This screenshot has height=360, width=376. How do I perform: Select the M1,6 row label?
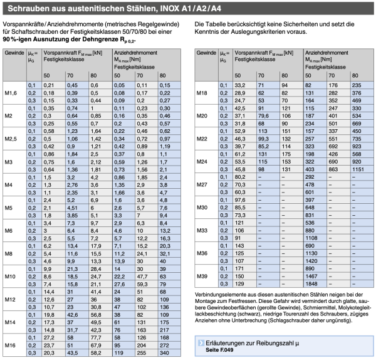point(11,93)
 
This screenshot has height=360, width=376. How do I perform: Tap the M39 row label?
point(202,276)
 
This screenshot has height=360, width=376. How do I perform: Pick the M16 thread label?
point(10,346)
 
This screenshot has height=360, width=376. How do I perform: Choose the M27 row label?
point(202,184)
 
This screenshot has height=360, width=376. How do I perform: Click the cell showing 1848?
point(311,283)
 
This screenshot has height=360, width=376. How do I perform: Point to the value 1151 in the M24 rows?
point(358,169)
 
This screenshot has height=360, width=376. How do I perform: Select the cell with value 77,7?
point(96,337)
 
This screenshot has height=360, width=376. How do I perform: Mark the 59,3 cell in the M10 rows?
point(142,284)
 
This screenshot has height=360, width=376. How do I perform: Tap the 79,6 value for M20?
point(263,116)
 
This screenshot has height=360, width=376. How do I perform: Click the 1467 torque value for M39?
point(311,276)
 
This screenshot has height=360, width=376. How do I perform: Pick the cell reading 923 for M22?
point(357,146)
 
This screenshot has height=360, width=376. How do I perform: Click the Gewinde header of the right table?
point(206,53)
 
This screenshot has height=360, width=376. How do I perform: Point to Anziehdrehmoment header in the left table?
point(135,53)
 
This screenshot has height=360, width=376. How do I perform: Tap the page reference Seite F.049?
point(219,350)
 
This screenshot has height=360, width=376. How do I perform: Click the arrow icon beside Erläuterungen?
point(201,343)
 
